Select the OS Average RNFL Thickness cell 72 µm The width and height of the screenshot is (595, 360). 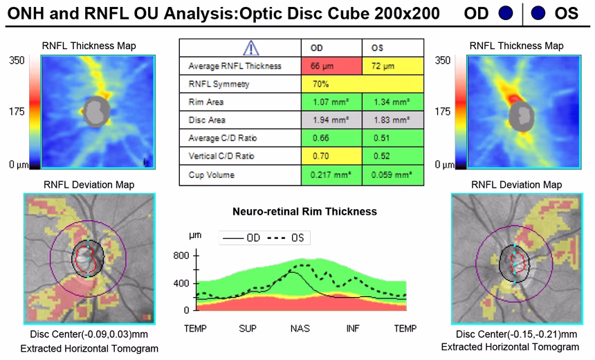coord(392,66)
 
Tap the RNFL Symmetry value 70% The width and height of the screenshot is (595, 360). coord(361,84)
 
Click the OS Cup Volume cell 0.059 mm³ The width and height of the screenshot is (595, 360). coord(392,174)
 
